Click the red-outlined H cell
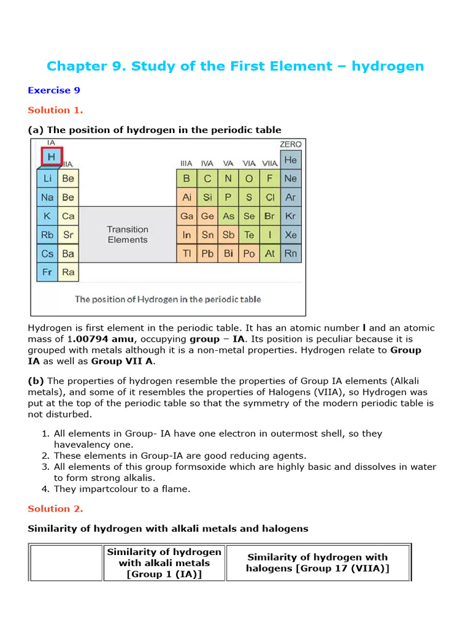pyautogui.click(x=51, y=158)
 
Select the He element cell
pyautogui.click(x=290, y=160)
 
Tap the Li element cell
pyautogui.click(x=47, y=178)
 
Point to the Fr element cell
pyautogui.click(x=47, y=272)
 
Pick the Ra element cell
pyautogui.click(x=68, y=272)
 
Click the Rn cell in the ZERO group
pyautogui.click(x=290, y=253)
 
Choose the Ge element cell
pyautogui.click(x=207, y=216)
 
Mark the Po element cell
pyautogui.click(x=249, y=253)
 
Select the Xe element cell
pyautogui.click(x=290, y=234)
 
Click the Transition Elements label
pyautogui.click(x=128, y=234)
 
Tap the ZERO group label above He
pyautogui.click(x=290, y=144)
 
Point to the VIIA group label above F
pyautogui.click(x=269, y=163)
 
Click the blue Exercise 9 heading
pyautogui.click(x=54, y=90)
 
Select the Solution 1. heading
pyautogui.click(x=55, y=110)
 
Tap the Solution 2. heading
pyautogui.click(x=55, y=509)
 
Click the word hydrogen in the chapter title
pyautogui.click(x=388, y=66)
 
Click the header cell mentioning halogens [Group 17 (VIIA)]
pyautogui.click(x=317, y=562)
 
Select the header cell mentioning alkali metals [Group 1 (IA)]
pyautogui.click(x=164, y=563)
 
